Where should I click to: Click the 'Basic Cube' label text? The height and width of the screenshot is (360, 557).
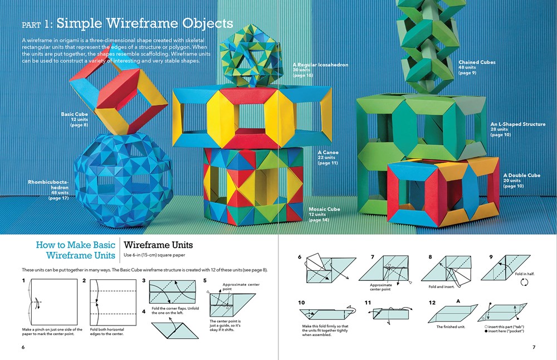coord(75,114)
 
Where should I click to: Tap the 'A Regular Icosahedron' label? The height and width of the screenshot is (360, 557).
coord(320,65)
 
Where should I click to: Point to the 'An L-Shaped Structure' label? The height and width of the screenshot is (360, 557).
coord(517,124)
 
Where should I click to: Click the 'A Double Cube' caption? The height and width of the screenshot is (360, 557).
coord(521,176)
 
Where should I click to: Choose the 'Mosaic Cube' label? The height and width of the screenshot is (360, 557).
coord(324,210)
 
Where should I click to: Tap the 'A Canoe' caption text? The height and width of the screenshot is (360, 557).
coord(328,152)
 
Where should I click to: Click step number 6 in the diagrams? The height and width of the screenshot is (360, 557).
coord(300,257)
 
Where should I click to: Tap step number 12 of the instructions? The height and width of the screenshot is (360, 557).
coord(432,303)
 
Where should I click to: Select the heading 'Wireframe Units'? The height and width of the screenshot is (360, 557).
coord(158,245)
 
